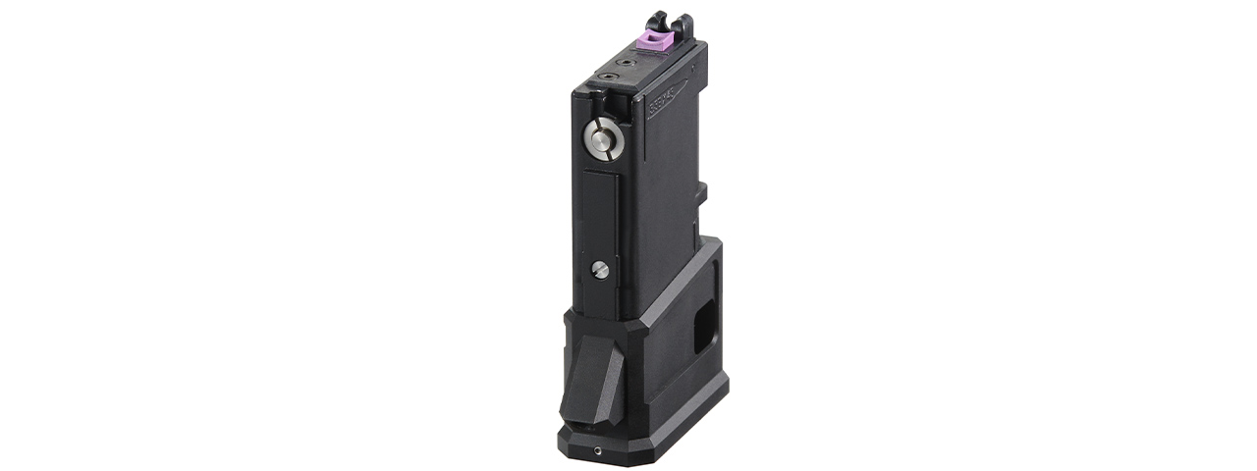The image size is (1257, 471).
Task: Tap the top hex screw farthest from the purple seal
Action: coord(614,73)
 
